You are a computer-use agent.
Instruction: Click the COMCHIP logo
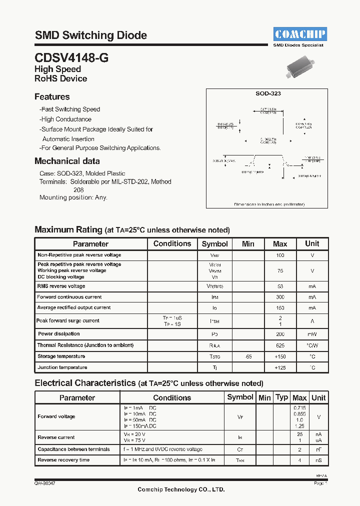click(x=299, y=34)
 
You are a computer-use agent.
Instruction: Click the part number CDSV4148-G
click(x=71, y=58)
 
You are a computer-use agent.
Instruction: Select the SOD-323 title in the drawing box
click(x=267, y=93)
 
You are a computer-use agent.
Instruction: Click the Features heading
click(x=52, y=97)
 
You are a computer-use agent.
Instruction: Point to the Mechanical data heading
click(x=67, y=161)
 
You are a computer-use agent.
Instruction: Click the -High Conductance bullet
click(x=65, y=119)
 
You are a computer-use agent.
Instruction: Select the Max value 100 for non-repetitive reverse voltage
click(x=280, y=255)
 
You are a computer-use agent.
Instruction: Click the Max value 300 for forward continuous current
click(x=280, y=297)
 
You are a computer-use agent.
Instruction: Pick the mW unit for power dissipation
click(x=312, y=334)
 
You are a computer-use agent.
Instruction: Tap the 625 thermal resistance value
click(x=280, y=345)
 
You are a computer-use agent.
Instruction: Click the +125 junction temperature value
click(x=280, y=367)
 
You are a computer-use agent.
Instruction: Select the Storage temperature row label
click(x=61, y=356)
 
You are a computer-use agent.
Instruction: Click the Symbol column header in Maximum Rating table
click(x=214, y=244)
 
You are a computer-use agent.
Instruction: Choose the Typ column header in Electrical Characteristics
click(x=282, y=397)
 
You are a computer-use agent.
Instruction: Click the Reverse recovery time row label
click(x=63, y=460)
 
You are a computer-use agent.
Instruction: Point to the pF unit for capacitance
click(x=318, y=449)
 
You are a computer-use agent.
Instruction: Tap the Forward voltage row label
click(x=56, y=416)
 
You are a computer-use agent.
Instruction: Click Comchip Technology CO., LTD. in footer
click(x=181, y=489)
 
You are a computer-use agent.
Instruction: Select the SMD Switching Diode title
click(x=90, y=35)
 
